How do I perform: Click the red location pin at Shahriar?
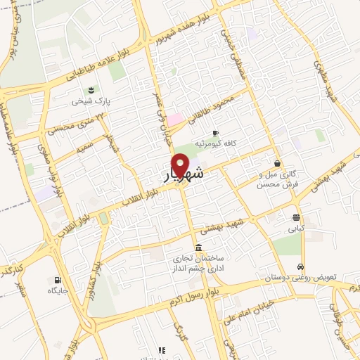(x=181, y=165)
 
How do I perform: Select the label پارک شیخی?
(x=91, y=101)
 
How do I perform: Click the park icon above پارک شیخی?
(x=91, y=89)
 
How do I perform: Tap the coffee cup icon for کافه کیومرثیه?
(x=215, y=133)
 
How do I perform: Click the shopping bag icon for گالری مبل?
(x=279, y=163)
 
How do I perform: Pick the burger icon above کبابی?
(x=296, y=217)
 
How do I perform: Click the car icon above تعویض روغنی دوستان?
(x=301, y=267)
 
